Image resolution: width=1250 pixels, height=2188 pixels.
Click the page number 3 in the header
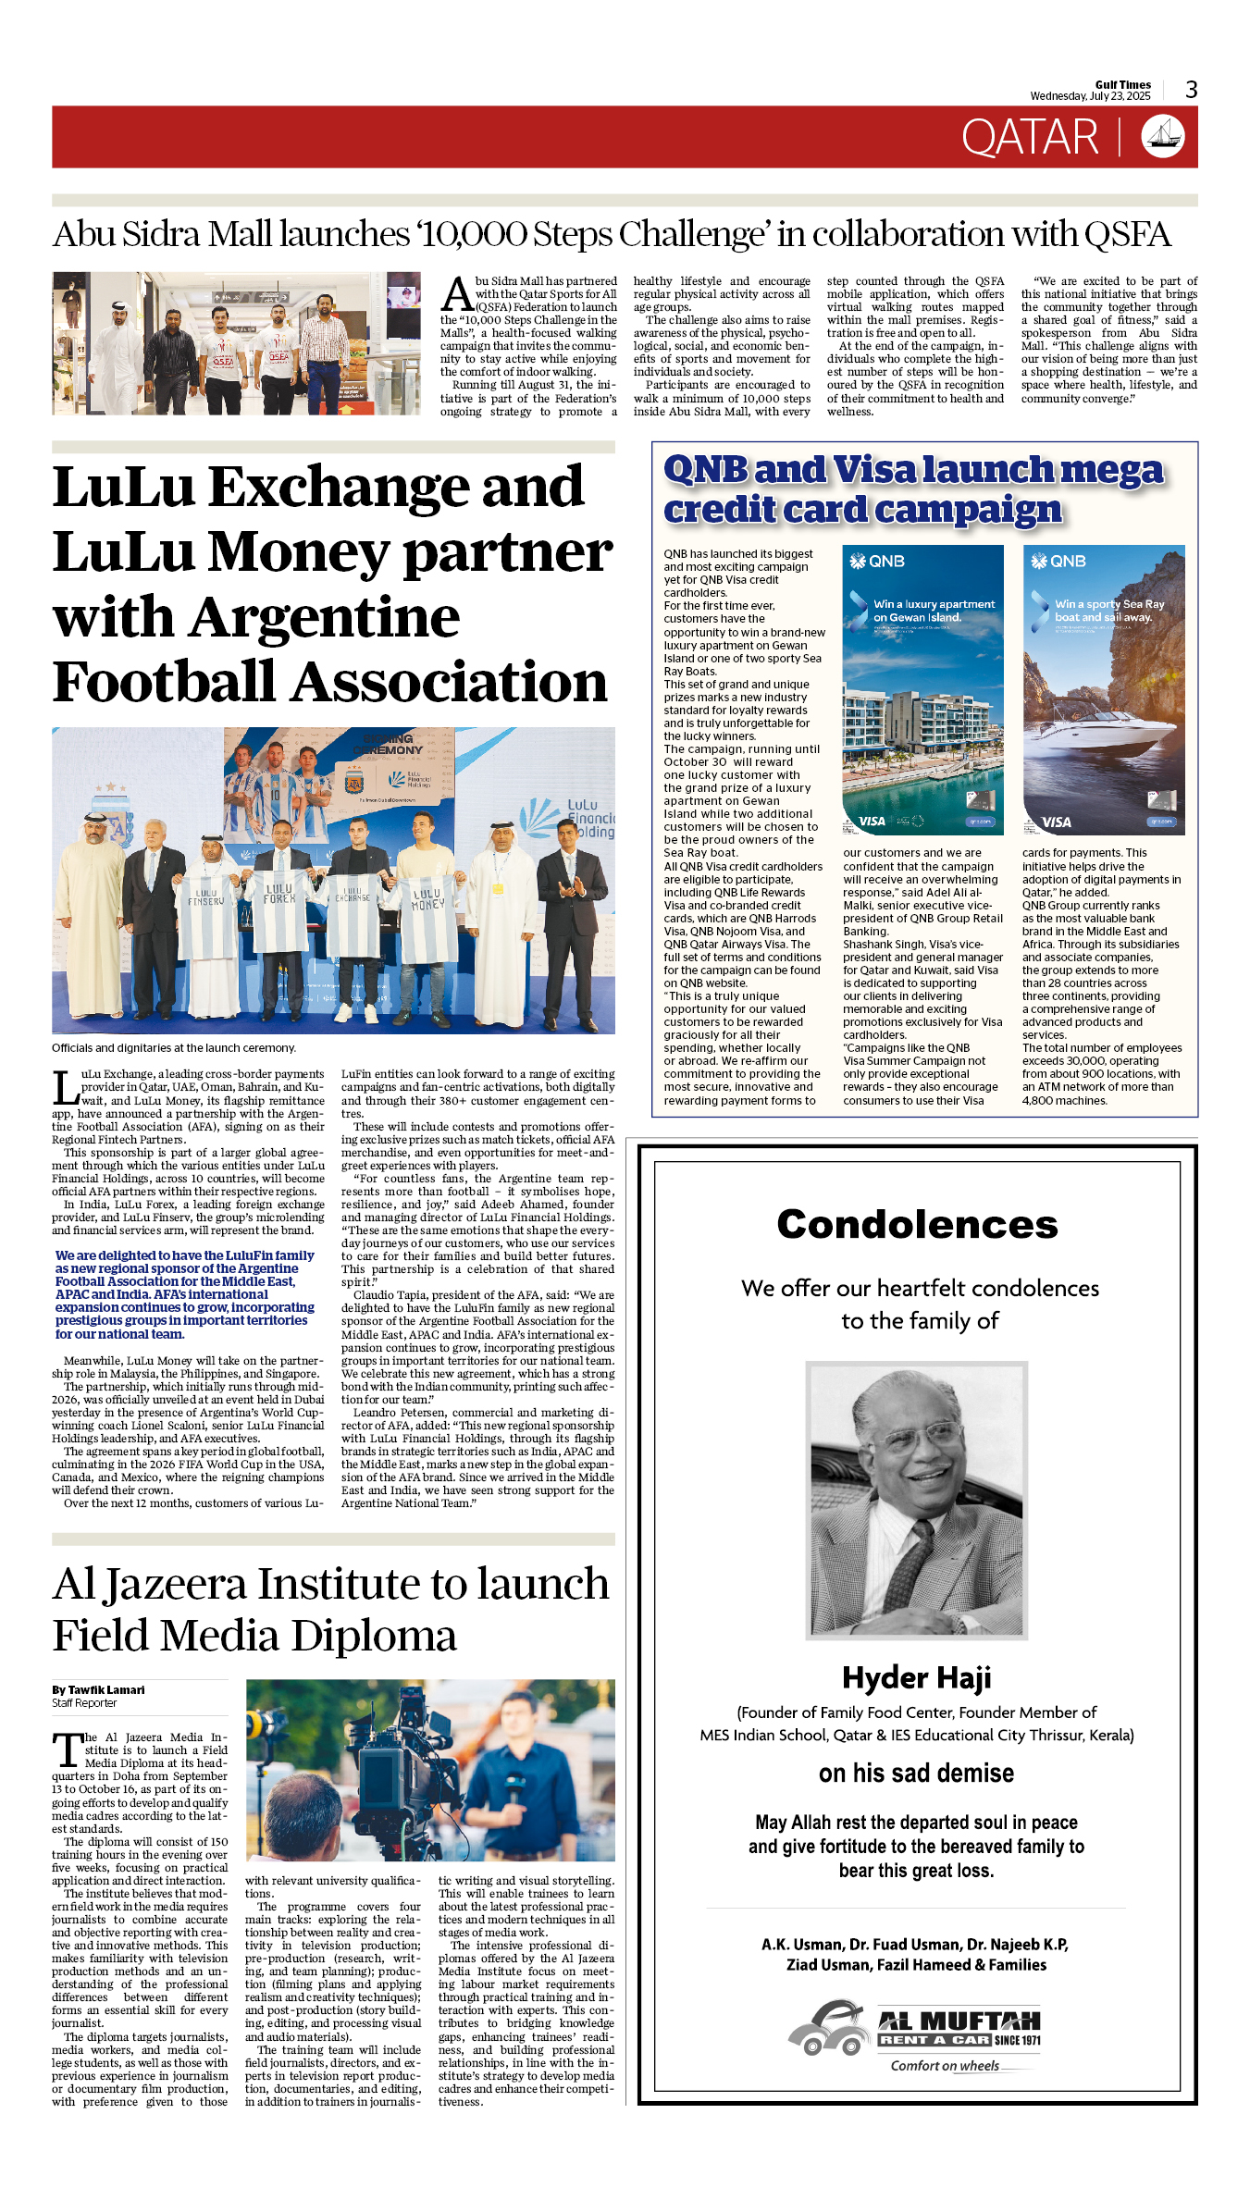(1191, 90)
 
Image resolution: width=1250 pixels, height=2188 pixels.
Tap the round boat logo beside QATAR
(1163, 137)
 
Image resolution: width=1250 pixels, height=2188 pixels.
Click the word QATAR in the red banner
(1029, 138)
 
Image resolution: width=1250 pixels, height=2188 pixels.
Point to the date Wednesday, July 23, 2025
(1090, 96)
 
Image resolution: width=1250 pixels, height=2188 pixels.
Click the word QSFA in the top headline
(1127, 235)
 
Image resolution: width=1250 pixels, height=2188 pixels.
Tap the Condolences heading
(917, 1225)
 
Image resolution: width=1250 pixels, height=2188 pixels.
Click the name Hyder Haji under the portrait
(916, 1677)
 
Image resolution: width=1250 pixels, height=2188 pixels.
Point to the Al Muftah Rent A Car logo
(916, 2039)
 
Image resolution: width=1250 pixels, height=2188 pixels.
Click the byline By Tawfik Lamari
(98, 1690)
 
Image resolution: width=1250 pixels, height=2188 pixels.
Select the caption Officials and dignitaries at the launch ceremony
(174, 1048)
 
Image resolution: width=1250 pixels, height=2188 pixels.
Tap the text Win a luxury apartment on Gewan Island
(934, 611)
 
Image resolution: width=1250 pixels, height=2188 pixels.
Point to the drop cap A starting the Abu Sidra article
(457, 294)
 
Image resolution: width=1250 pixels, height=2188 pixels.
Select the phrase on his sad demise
(916, 1773)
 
